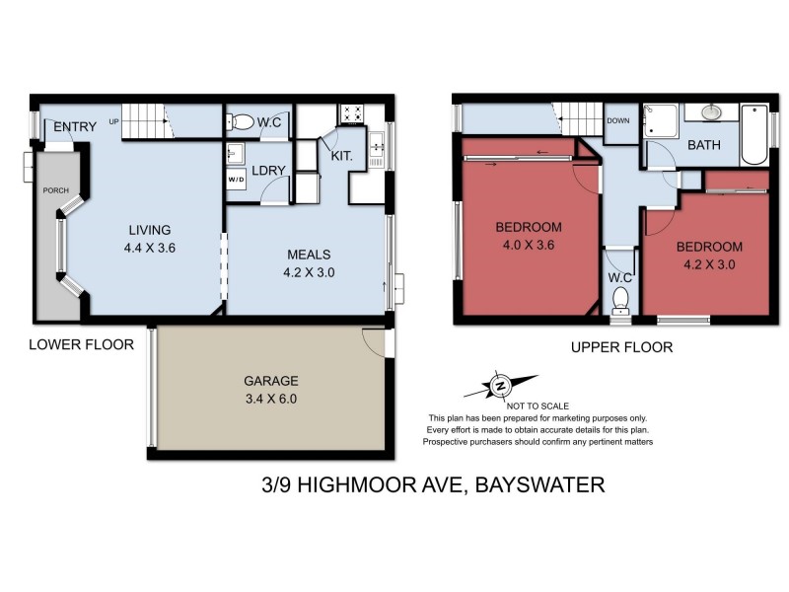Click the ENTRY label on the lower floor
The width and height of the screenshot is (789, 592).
coord(75,126)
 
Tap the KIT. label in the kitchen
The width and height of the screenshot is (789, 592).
coord(342,156)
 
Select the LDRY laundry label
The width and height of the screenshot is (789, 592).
coord(269,170)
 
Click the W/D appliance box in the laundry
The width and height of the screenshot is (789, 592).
coord(237,181)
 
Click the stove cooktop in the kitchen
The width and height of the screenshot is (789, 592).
coord(352,111)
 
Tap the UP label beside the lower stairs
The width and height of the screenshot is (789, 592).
coord(114,121)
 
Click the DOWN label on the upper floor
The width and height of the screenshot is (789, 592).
coord(618,121)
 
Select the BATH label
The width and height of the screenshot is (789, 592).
coord(704,145)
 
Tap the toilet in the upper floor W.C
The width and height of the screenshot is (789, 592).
coord(619,309)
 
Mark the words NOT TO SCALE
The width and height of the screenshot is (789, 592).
coord(538,406)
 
